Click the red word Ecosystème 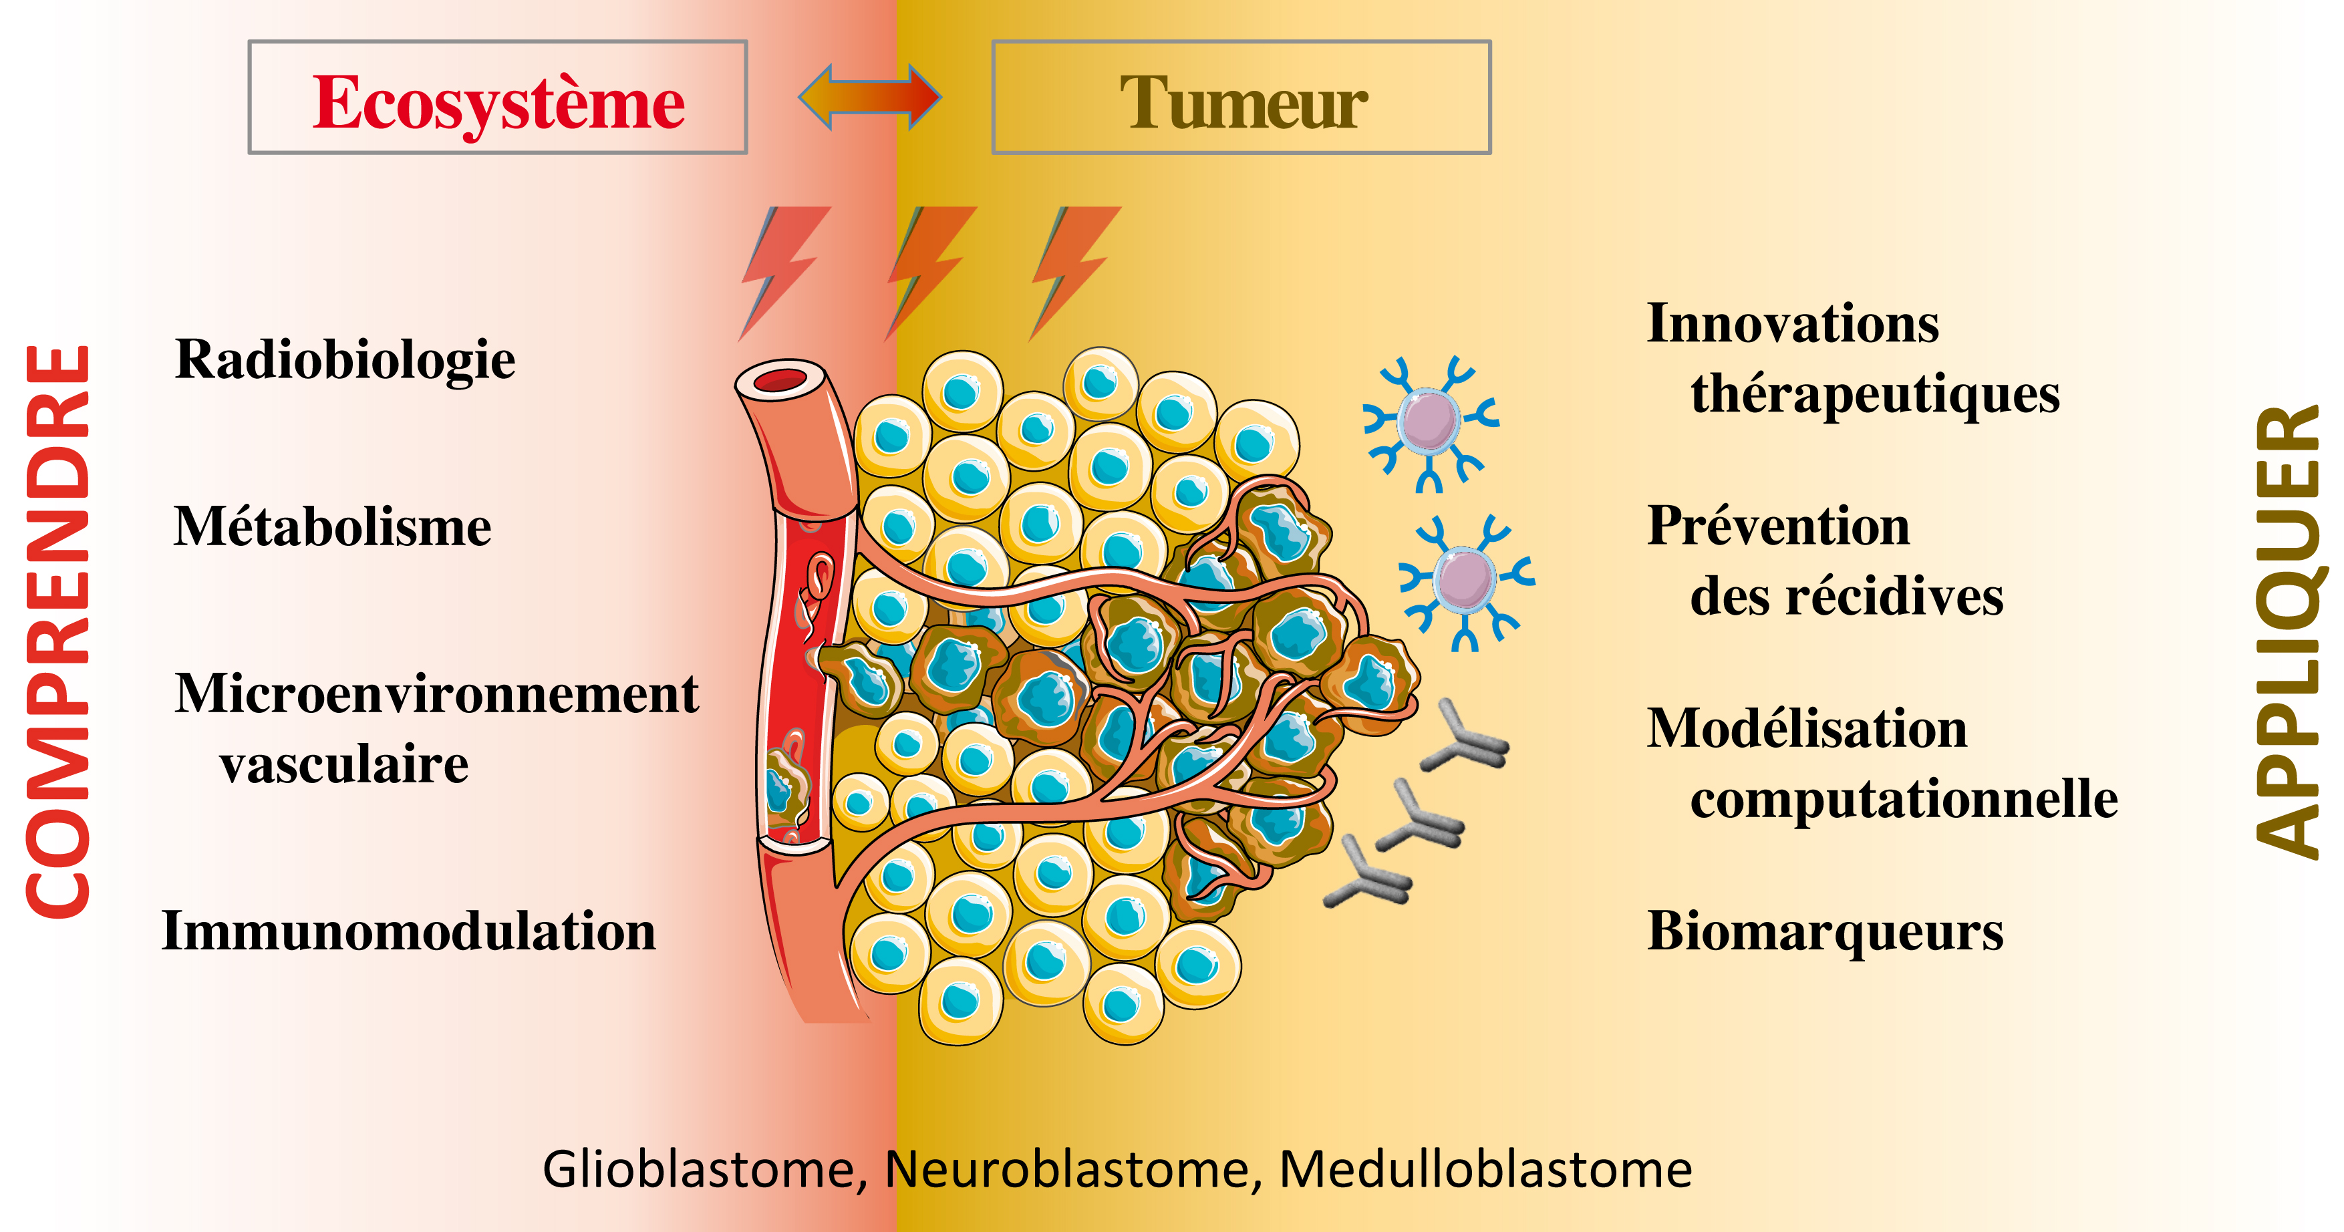pyautogui.click(x=498, y=104)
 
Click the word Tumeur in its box pyautogui.click(x=1243, y=104)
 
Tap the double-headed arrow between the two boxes pyautogui.click(x=869, y=96)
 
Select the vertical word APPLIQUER pyautogui.click(x=2288, y=631)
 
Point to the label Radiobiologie pyautogui.click(x=345, y=359)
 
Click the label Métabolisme pyautogui.click(x=332, y=527)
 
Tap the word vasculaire pyautogui.click(x=344, y=764)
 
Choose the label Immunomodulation pyautogui.click(x=408, y=932)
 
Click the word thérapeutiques pyautogui.click(x=1874, y=394)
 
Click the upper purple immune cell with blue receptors pyautogui.click(x=1429, y=422)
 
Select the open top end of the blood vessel pyautogui.click(x=780, y=380)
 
